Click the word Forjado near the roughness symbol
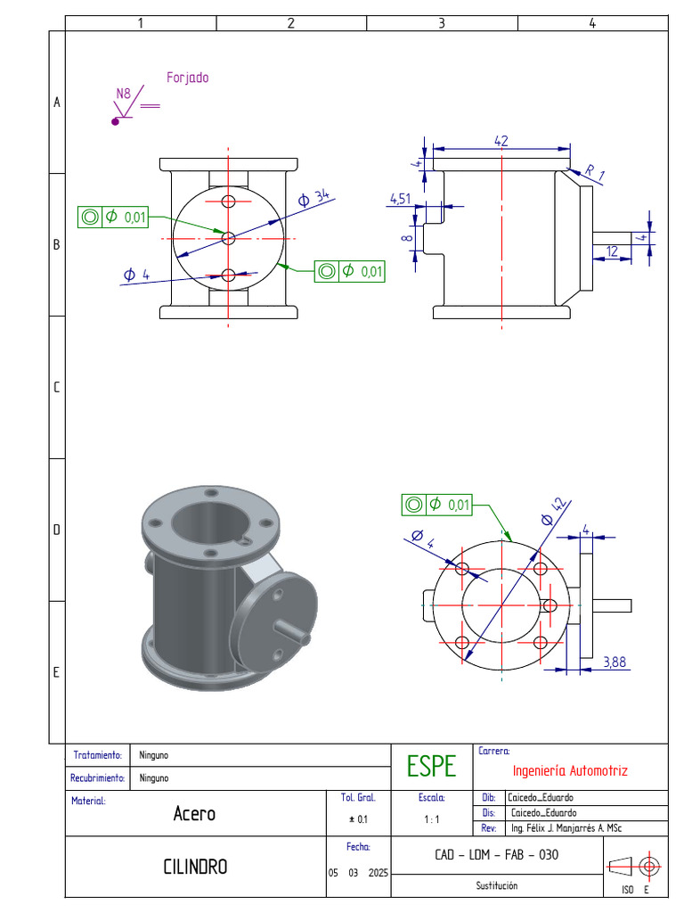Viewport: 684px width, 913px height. click(187, 78)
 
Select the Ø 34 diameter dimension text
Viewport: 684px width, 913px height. click(314, 197)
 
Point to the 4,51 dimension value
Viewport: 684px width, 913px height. click(400, 199)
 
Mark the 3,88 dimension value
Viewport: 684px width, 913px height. click(615, 662)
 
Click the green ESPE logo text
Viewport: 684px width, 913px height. click(431, 767)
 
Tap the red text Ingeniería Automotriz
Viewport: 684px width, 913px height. click(570, 771)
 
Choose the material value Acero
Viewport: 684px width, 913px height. click(194, 814)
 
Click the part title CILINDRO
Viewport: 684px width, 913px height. click(195, 867)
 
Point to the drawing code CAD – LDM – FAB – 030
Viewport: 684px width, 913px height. click(496, 855)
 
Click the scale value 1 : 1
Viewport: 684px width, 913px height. click(432, 818)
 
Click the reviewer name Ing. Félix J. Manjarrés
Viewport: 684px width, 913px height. click(566, 828)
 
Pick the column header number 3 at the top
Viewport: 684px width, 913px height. click(441, 23)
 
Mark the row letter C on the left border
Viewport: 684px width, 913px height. click(56, 388)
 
